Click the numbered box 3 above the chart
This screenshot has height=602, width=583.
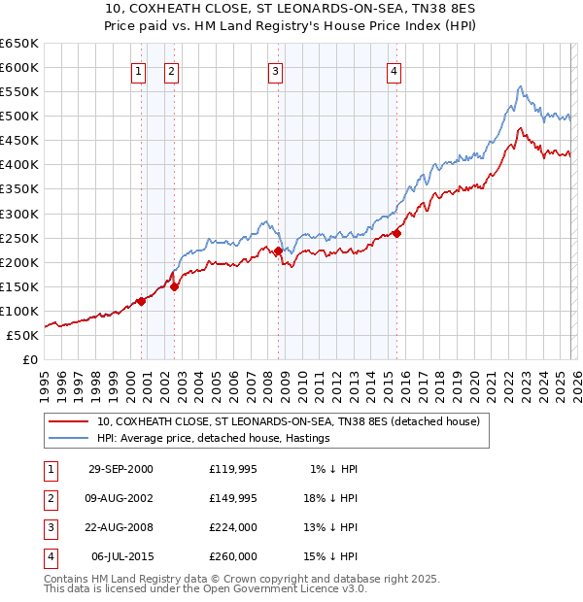click(x=275, y=70)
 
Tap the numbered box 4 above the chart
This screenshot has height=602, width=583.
click(x=394, y=70)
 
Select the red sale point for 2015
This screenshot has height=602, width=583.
click(x=396, y=233)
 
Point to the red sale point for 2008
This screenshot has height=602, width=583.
click(x=279, y=251)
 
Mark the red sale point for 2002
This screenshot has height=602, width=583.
click(x=175, y=286)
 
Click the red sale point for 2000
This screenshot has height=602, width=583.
click(x=142, y=301)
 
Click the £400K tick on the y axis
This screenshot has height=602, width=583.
click(x=20, y=164)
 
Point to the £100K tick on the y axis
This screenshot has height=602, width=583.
click(x=20, y=311)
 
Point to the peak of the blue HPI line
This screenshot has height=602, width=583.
click(x=521, y=86)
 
